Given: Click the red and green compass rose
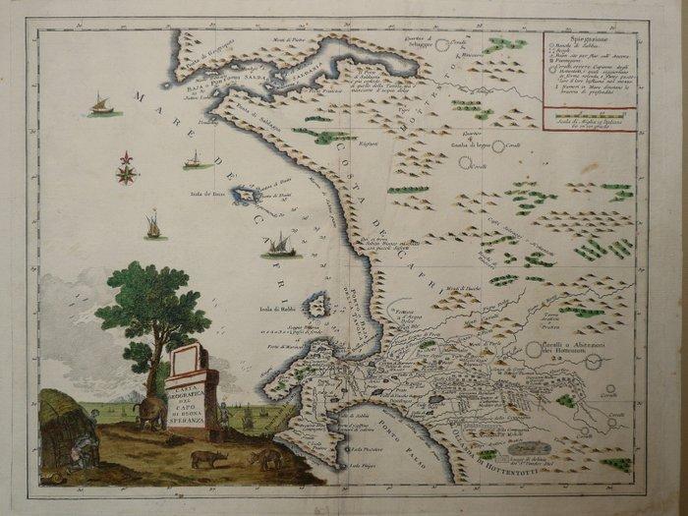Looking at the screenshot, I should coord(126,169).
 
